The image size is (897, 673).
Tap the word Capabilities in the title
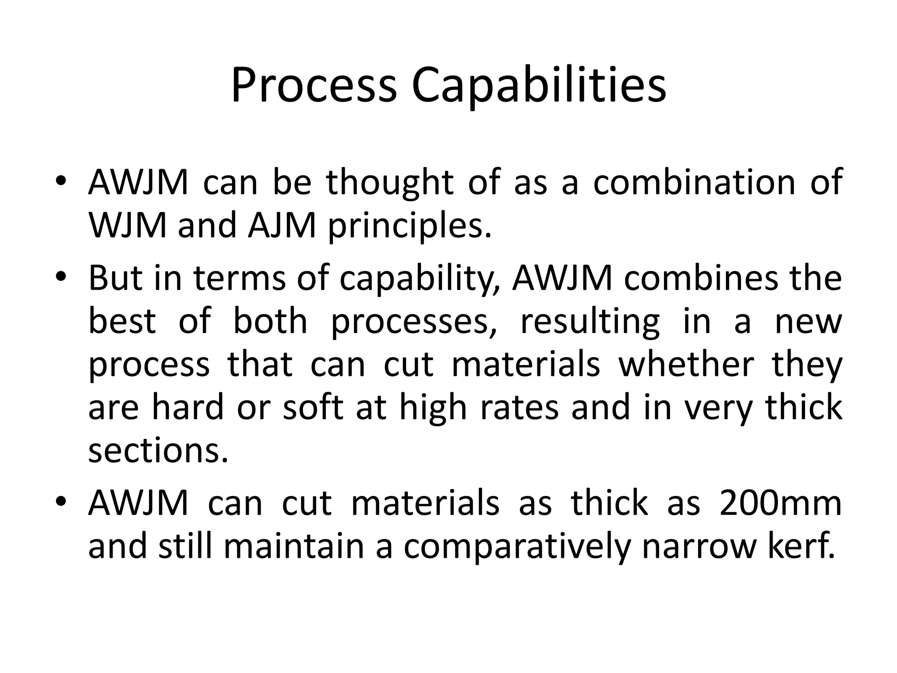point(538,86)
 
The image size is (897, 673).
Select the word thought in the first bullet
point(390,182)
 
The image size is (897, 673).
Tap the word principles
point(410,226)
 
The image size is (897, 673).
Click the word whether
point(686,365)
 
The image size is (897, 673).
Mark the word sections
point(158,451)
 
